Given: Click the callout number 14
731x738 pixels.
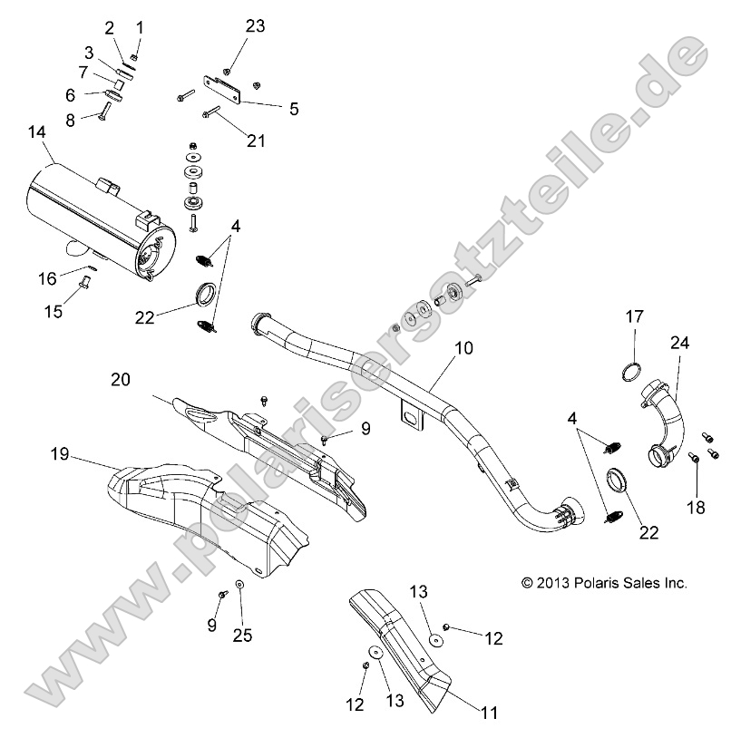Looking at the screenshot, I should (x=36, y=132).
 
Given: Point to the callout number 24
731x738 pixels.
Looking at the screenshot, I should (x=680, y=343).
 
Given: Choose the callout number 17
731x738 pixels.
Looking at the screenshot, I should (x=633, y=316).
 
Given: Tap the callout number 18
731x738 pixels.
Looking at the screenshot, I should (x=696, y=508).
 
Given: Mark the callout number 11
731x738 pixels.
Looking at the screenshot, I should (x=489, y=713).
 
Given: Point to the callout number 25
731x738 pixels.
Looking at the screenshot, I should (x=241, y=635).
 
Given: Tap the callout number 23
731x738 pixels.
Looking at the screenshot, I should (x=255, y=26).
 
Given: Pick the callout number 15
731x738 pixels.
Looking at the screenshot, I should (x=54, y=312).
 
